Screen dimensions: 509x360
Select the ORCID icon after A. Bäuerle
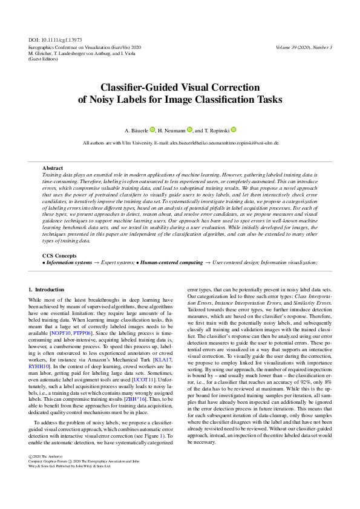click(152, 129)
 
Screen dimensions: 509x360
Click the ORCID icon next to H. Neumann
click(189, 129)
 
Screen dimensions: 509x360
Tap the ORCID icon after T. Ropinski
click(234, 129)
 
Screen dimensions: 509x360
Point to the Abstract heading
click(53, 167)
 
